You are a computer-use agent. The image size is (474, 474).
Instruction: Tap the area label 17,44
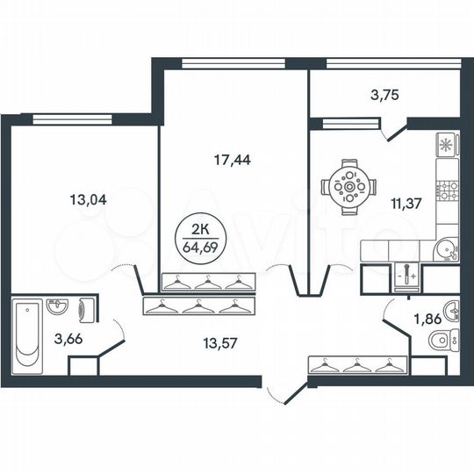point(230,161)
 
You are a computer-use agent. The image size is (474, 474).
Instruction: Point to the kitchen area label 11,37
point(406,205)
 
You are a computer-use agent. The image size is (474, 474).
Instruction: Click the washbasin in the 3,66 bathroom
point(57,307)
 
